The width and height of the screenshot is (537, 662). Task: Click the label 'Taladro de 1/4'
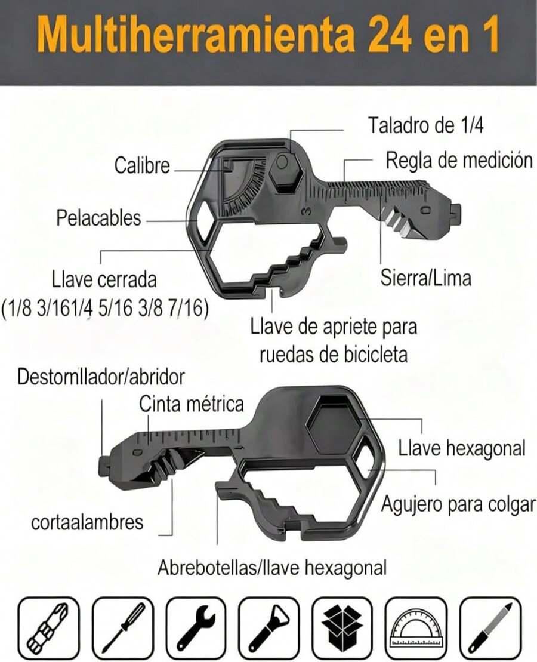425,126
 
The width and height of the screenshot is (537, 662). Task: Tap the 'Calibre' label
143,166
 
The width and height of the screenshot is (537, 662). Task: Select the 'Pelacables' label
98,218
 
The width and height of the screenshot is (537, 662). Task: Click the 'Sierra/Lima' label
426,278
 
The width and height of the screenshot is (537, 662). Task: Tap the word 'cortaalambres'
87,522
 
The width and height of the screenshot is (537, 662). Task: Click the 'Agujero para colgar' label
458,504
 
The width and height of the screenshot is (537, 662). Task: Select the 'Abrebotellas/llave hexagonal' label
271,567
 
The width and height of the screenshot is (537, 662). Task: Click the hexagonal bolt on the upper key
285,171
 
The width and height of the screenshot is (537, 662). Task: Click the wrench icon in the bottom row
195,627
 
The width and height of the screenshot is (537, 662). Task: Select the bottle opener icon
268,627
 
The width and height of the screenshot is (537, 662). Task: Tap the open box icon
342,627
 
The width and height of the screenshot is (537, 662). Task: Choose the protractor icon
415,627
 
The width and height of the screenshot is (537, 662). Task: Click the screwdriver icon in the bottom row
122,627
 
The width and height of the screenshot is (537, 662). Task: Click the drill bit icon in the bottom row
49,627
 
